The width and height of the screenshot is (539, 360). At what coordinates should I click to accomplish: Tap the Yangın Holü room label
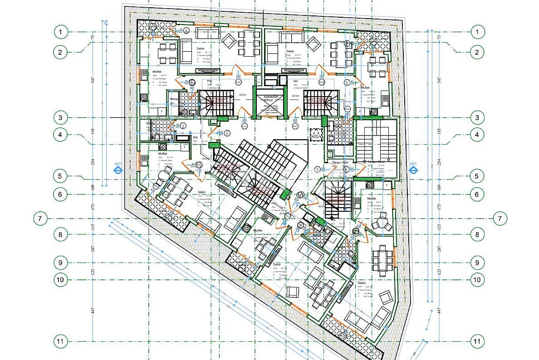pos(336,162)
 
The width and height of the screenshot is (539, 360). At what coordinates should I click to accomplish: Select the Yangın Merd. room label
pos(377,162)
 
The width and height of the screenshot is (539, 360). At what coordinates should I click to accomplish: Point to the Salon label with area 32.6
pos(362,282)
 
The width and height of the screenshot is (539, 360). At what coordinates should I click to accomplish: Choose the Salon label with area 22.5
pos(277,264)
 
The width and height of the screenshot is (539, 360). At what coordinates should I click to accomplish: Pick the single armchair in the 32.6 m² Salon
pos(386,297)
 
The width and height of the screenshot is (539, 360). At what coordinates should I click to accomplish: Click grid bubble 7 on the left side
pos(40,219)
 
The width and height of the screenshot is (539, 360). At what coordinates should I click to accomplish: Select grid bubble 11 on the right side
pos(476,341)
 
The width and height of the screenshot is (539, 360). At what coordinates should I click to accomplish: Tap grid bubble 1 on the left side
pos(60,32)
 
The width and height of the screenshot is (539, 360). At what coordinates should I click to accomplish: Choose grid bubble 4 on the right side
pos(476,134)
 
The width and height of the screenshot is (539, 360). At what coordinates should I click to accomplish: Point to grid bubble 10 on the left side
pos(60,279)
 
